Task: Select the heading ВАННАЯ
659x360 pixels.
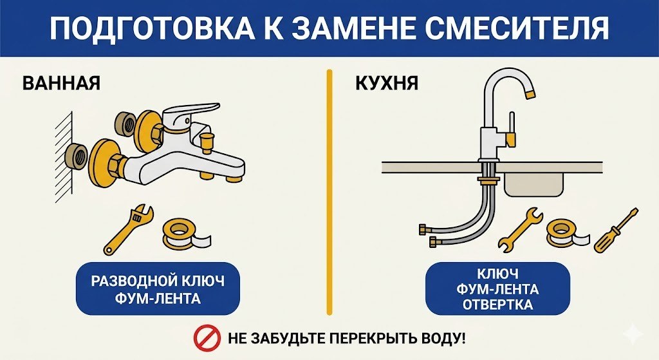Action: (62, 84)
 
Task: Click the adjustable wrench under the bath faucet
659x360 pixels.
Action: (128, 229)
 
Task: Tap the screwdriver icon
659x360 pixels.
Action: (615, 230)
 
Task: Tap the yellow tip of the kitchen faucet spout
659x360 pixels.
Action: (530, 95)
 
